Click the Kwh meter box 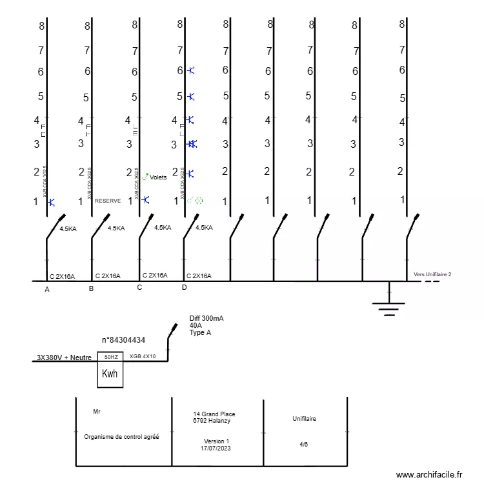(x=110, y=374)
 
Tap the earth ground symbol (x=388, y=304)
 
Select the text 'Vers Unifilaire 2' (x=432, y=274)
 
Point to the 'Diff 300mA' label (x=207, y=318)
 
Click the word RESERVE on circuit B (x=108, y=201)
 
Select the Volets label (x=158, y=177)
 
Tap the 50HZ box (x=110, y=357)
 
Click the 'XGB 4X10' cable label (x=143, y=356)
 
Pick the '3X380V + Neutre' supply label (x=63, y=358)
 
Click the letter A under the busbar (x=46, y=290)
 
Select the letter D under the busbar (x=184, y=287)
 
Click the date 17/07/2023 (x=216, y=447)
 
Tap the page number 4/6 (x=304, y=444)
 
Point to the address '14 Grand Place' (x=214, y=414)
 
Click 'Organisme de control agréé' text (x=121, y=436)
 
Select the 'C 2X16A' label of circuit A (x=62, y=276)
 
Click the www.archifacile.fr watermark (x=429, y=474)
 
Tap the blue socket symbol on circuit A (x=51, y=202)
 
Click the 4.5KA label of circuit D (x=204, y=227)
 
